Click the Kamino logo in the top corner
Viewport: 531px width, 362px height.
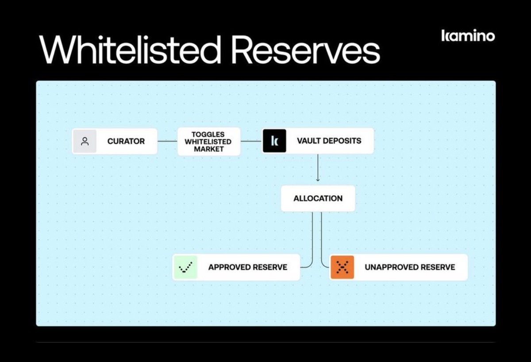pos(468,36)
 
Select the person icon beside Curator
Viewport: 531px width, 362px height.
pos(85,141)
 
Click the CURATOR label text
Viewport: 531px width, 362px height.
pos(126,141)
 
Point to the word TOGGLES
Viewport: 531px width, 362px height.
pos(208,135)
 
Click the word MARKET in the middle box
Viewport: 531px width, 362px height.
pos(208,149)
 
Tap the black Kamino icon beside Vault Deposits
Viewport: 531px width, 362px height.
pos(274,141)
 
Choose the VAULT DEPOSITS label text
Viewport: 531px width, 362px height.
pos(329,141)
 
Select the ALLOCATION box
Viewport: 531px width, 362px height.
pos(318,198)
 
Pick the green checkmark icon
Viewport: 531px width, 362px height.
pos(185,267)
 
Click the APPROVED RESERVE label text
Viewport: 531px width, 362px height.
pos(247,267)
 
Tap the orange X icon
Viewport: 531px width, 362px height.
pos(342,267)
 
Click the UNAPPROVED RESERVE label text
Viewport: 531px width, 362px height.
pos(409,267)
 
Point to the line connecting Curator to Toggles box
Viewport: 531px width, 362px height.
pos(167,141)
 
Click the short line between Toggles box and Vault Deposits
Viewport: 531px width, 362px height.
pos(251,141)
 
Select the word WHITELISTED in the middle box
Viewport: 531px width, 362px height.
pos(208,142)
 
